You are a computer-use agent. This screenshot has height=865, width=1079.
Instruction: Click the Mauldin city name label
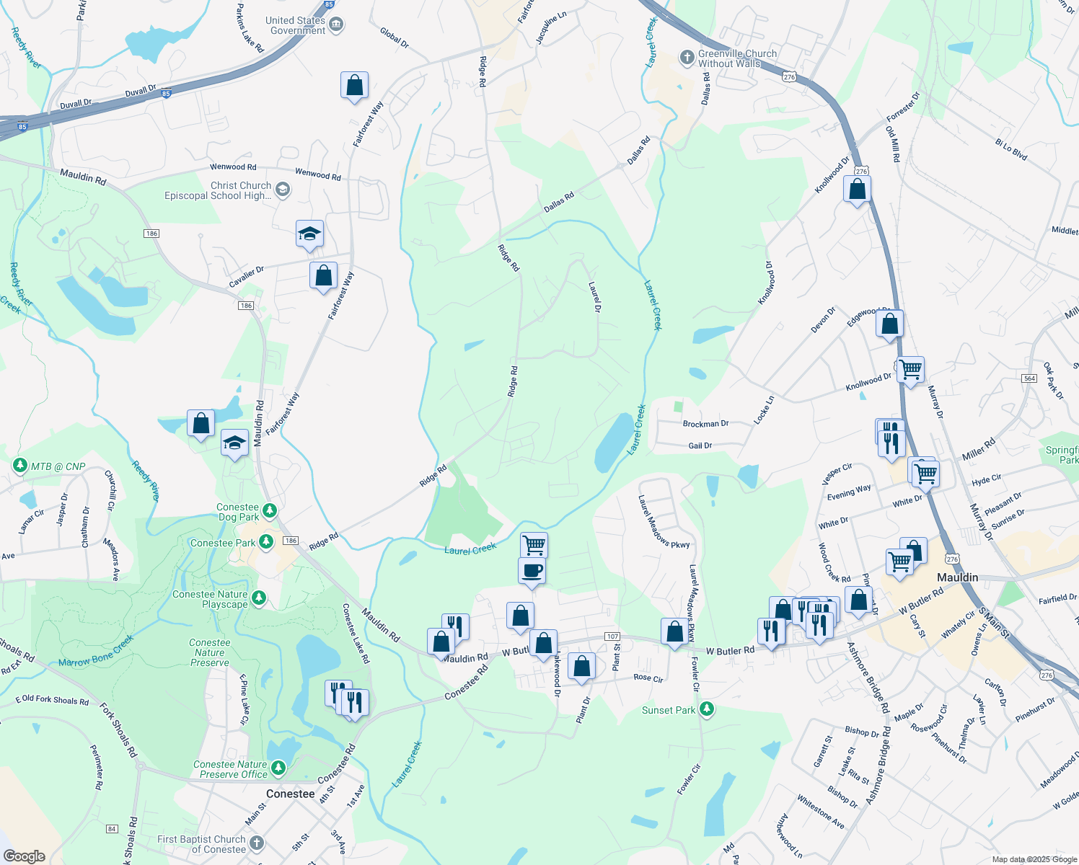[x=957, y=577]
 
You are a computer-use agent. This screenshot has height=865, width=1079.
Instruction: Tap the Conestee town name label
[x=290, y=794]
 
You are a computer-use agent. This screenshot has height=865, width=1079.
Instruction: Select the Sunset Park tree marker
[x=707, y=709]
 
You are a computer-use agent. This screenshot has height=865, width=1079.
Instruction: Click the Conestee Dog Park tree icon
[x=270, y=511]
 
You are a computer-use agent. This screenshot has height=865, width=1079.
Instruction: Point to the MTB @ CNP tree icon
[x=20, y=466]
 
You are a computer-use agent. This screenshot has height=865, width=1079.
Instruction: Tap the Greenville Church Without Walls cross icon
[x=687, y=57]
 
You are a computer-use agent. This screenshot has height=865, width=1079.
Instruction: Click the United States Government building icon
[x=336, y=25]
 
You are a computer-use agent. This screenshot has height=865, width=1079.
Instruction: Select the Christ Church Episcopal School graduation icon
[x=283, y=190]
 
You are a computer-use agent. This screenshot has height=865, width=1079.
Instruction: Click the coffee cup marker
[x=532, y=571]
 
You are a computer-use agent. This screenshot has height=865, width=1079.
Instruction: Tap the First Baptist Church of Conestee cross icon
[x=257, y=843]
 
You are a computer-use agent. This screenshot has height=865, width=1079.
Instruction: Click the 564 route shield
[x=1029, y=378]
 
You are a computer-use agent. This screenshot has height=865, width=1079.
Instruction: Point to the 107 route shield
[x=612, y=636]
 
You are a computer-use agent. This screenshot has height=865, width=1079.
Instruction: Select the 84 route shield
[x=112, y=829]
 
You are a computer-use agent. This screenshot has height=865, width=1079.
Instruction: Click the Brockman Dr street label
[x=705, y=424]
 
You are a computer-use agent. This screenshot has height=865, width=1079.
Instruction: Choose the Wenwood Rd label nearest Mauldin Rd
[x=233, y=167]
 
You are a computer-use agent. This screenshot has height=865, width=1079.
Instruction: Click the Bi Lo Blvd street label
[x=1010, y=149]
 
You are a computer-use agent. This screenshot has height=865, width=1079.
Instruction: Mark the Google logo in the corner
[x=24, y=856]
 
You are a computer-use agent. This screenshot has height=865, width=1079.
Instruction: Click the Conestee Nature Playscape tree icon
[x=259, y=598]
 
